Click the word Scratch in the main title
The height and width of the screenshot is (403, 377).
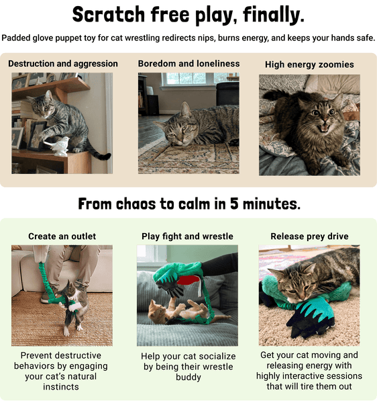(108, 14)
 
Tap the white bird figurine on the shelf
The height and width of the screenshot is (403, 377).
(57, 146)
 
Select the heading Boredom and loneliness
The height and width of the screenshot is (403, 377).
(188, 64)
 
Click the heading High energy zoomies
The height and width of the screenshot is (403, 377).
(309, 64)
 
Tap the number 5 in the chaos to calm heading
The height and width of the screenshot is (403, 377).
(234, 204)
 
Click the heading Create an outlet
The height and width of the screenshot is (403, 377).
(62, 236)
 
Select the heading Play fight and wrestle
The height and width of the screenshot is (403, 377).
(187, 236)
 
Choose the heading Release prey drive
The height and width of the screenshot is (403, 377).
(309, 236)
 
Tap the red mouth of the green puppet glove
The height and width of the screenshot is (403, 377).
(188, 280)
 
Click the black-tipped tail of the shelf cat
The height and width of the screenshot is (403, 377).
(103, 156)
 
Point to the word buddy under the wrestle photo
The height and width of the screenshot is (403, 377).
(188, 377)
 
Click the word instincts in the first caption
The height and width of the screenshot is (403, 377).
(61, 387)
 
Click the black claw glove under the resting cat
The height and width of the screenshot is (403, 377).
(311, 318)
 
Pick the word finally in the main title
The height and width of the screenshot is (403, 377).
(274, 15)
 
